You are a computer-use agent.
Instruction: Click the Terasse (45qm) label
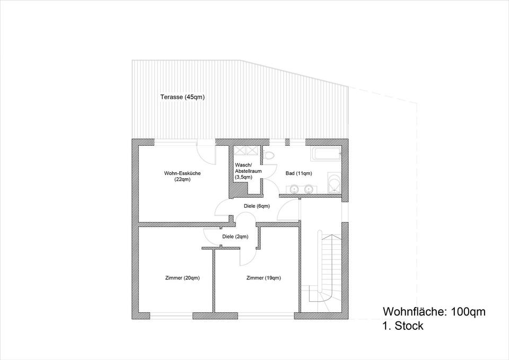pos(182,97)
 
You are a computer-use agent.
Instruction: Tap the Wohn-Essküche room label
pos(182,176)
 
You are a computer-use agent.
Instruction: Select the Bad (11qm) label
pos(299,173)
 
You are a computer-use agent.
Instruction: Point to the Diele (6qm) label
pos(257,206)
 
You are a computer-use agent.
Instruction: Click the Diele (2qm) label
pos(235,236)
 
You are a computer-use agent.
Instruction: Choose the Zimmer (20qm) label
pos(182,278)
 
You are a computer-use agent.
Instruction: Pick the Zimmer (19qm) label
pos(264,278)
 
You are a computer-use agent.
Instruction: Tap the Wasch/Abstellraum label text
pos(247,171)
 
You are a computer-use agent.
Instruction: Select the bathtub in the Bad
pos(326,155)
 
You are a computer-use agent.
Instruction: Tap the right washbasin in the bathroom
pos(308,188)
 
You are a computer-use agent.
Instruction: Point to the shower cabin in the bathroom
pos(334,183)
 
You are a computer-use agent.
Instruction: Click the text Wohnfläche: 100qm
pos(434,312)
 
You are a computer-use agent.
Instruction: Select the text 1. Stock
pos(402,326)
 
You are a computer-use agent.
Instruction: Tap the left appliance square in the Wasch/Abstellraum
pos(241,150)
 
